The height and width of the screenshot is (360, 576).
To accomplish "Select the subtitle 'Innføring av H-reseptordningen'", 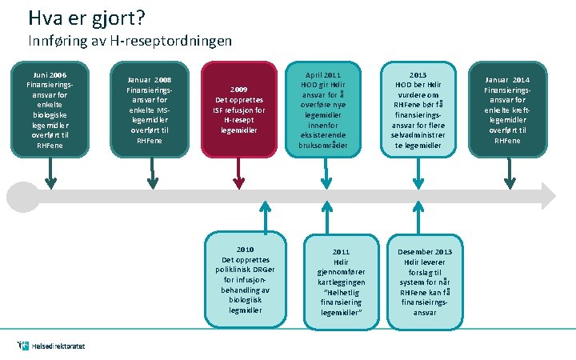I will [x=130, y=40].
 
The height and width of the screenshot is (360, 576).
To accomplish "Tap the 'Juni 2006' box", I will [x=50, y=108].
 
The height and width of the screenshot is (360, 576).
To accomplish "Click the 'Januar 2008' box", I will [x=151, y=109].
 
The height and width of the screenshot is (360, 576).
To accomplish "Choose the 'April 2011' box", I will [x=330, y=109].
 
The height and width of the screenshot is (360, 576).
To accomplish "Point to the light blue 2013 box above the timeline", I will [x=418, y=109].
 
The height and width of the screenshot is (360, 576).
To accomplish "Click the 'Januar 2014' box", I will [x=506, y=109].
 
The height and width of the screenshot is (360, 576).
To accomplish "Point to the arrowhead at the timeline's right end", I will [x=548, y=195].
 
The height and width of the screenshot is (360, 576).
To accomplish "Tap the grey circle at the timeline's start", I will [x=20, y=195].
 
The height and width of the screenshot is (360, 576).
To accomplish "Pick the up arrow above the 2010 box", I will [x=262, y=216].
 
